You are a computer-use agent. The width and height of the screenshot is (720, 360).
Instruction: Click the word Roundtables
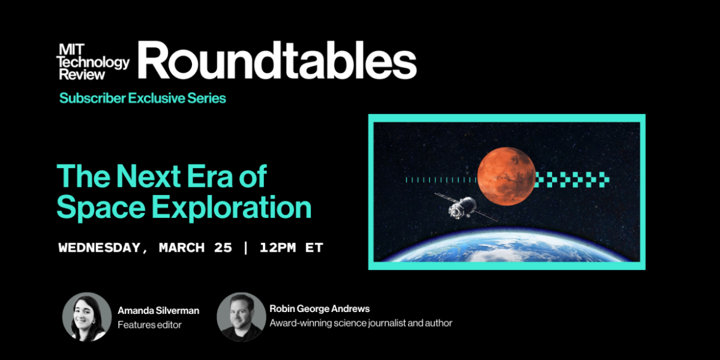point(277,62)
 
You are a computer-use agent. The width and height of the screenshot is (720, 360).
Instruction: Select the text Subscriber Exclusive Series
point(142,98)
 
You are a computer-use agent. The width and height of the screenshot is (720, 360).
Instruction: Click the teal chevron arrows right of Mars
point(572,180)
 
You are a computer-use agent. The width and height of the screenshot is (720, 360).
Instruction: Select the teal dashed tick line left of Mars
point(439,180)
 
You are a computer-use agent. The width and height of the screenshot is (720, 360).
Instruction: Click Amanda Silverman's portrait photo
point(87,317)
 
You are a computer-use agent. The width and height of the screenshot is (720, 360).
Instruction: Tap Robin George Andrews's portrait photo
point(241,317)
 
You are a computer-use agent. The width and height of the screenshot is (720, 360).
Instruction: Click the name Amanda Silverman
point(158,311)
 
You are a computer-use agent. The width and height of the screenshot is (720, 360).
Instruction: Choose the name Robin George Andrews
point(319,308)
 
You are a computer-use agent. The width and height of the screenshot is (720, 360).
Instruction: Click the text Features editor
point(150,324)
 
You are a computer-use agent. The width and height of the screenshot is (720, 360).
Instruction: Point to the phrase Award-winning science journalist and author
point(361,322)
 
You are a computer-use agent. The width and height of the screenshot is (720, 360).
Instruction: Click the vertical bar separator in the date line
point(246,248)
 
